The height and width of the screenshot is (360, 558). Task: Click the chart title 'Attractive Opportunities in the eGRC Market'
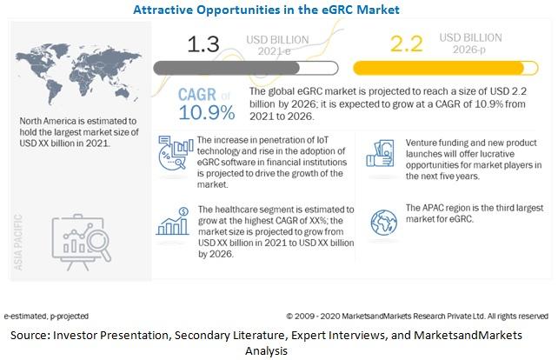(x=266, y=10)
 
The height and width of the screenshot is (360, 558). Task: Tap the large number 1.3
(x=203, y=44)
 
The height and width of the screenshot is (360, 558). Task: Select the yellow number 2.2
(x=407, y=43)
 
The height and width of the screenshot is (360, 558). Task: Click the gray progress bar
(x=246, y=68)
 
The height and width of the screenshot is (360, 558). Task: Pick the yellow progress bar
(x=446, y=68)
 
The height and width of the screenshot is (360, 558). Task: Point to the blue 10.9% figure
(x=207, y=112)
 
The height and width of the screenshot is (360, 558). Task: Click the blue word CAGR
(x=196, y=95)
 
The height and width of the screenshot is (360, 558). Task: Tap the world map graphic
(x=78, y=73)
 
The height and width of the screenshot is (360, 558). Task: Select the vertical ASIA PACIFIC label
(x=17, y=242)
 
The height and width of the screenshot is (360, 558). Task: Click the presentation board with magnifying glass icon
(x=82, y=242)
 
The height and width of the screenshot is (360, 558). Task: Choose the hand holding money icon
(x=381, y=153)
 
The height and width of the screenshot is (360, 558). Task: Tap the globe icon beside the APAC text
(x=383, y=223)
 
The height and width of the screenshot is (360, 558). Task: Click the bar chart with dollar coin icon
(x=173, y=222)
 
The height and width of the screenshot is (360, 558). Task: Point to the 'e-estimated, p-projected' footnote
(x=46, y=316)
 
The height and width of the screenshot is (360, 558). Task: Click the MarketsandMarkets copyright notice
(x=417, y=316)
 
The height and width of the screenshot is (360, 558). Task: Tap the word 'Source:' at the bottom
(x=30, y=335)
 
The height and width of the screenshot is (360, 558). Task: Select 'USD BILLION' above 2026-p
(x=470, y=37)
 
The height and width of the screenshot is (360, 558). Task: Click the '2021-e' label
(x=274, y=51)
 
